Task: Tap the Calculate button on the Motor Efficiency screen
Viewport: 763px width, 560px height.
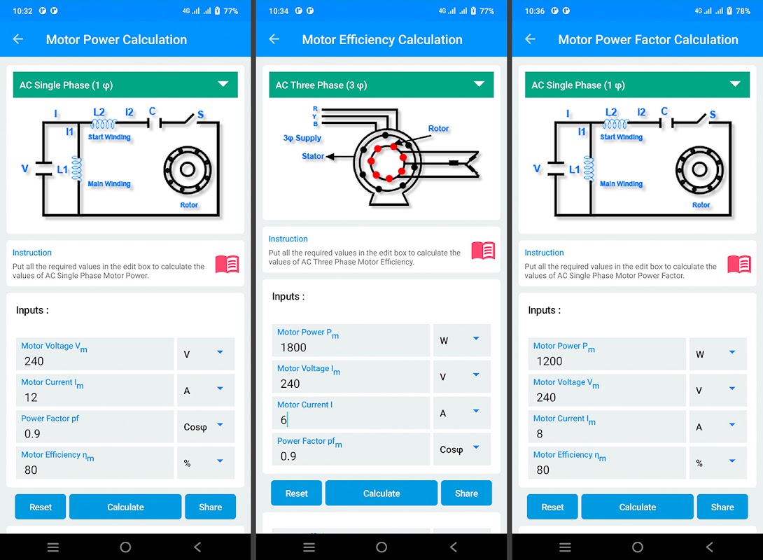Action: click(381, 493)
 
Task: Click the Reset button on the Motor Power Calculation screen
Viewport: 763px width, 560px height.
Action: click(41, 507)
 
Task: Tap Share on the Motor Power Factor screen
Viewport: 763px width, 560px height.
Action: click(722, 507)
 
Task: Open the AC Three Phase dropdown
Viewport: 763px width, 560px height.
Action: click(381, 85)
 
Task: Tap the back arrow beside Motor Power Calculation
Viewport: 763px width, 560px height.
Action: click(18, 39)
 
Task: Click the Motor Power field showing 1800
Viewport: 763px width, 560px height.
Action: click(351, 341)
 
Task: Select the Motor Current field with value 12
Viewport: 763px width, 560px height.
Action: click(95, 391)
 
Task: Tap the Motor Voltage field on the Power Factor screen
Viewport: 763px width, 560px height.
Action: click(607, 391)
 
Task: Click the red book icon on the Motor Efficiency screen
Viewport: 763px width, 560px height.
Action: click(483, 251)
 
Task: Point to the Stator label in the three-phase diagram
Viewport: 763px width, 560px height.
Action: click(312, 156)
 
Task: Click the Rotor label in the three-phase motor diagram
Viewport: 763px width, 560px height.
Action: click(438, 128)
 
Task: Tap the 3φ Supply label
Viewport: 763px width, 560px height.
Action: click(302, 138)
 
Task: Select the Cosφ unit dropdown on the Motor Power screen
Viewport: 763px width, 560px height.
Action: click(206, 427)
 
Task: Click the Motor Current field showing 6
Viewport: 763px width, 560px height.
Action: click(351, 413)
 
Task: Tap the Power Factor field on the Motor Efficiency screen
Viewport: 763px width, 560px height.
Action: click(351, 449)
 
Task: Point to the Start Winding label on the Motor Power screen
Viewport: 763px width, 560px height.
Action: click(109, 137)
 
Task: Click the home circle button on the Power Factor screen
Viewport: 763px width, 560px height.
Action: click(638, 547)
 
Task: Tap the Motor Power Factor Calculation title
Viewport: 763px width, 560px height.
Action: click(647, 40)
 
